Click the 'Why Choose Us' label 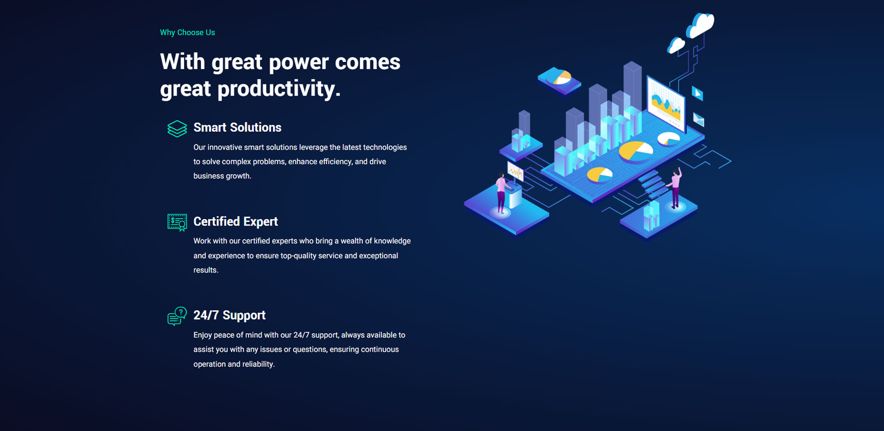[187, 32]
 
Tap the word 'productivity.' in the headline [279, 89]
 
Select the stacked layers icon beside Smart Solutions [177, 129]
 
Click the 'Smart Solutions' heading [237, 128]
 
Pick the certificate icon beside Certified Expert [177, 222]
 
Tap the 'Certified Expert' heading [236, 221]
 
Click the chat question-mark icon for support [177, 316]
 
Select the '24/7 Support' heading [230, 315]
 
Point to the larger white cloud [700, 25]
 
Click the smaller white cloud [676, 45]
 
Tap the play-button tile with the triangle [697, 93]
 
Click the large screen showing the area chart [666, 104]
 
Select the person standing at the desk [502, 193]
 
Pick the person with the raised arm [675, 188]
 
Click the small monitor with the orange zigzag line [516, 172]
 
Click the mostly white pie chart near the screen [669, 138]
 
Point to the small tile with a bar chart [698, 120]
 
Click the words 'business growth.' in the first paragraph [222, 176]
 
